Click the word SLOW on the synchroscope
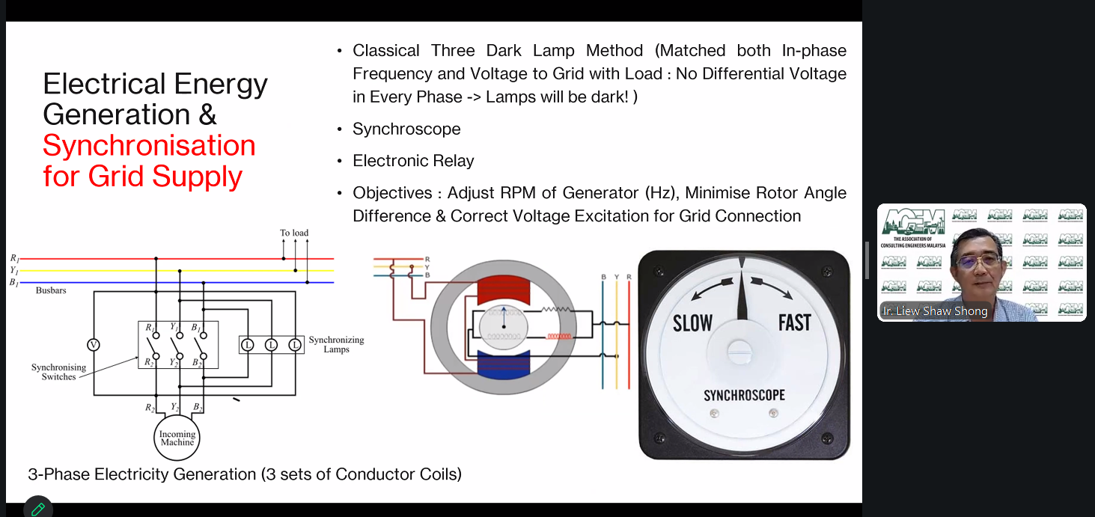[692, 323]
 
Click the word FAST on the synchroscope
[794, 322]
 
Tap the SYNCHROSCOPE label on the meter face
[744, 395]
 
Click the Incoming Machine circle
[177, 438]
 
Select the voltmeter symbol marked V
[94, 345]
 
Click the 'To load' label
[294, 233]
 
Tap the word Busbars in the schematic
[51, 290]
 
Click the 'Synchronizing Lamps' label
[336, 344]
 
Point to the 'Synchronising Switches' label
[58, 372]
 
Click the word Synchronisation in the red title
[150, 145]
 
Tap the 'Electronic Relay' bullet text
[413, 161]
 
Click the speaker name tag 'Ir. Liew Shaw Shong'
[935, 311]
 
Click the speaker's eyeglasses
[977, 261]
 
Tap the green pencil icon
[37, 509]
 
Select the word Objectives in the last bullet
[392, 193]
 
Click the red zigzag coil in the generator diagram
[559, 336]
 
